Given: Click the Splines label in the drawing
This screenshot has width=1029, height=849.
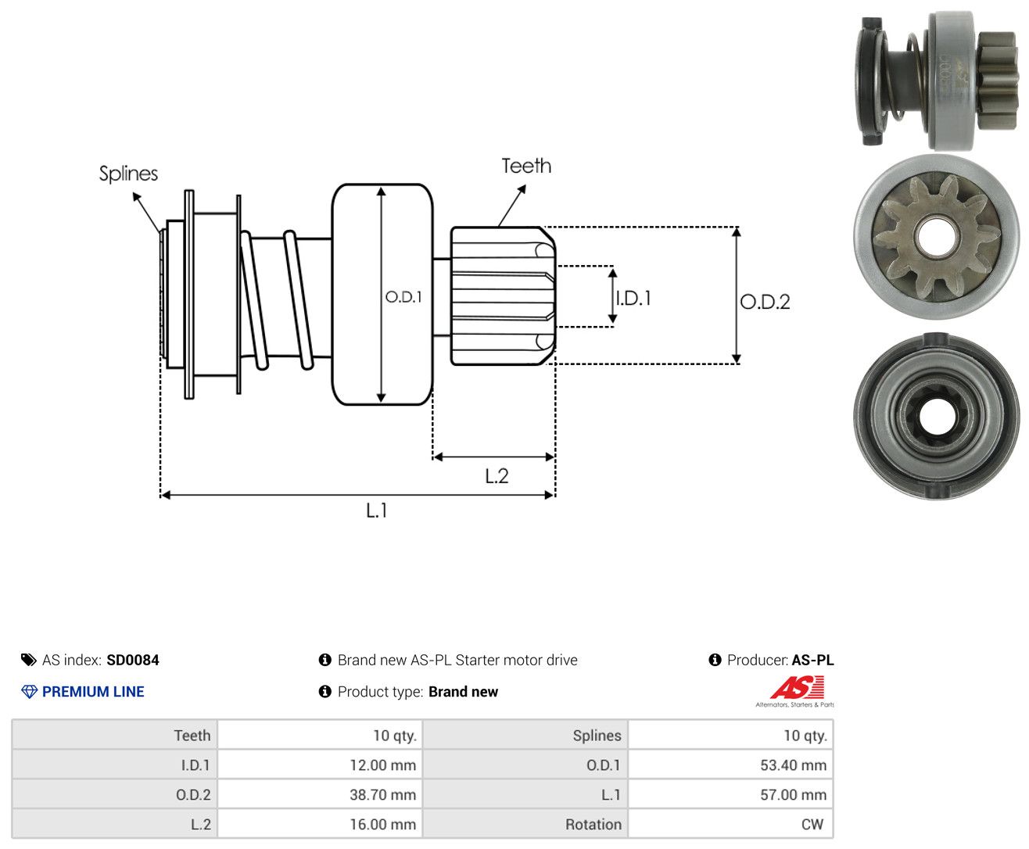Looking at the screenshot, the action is point(128,174).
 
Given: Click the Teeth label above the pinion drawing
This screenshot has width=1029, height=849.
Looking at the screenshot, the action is point(525,166).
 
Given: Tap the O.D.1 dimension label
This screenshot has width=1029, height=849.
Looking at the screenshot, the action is point(403,296).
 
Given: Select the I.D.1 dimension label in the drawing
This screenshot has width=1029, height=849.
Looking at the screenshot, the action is point(634,298).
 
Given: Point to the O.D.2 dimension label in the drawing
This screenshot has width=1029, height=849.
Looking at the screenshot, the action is point(765,302).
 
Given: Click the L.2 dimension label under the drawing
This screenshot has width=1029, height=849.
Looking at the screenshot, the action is point(497,476).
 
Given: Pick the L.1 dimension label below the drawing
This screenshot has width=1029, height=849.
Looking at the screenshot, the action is point(377,510).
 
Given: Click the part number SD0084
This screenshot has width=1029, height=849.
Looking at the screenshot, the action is point(133,660).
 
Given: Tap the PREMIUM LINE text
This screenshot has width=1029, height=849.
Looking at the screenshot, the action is point(93,691).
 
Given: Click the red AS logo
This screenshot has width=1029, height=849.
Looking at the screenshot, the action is point(797,688).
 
